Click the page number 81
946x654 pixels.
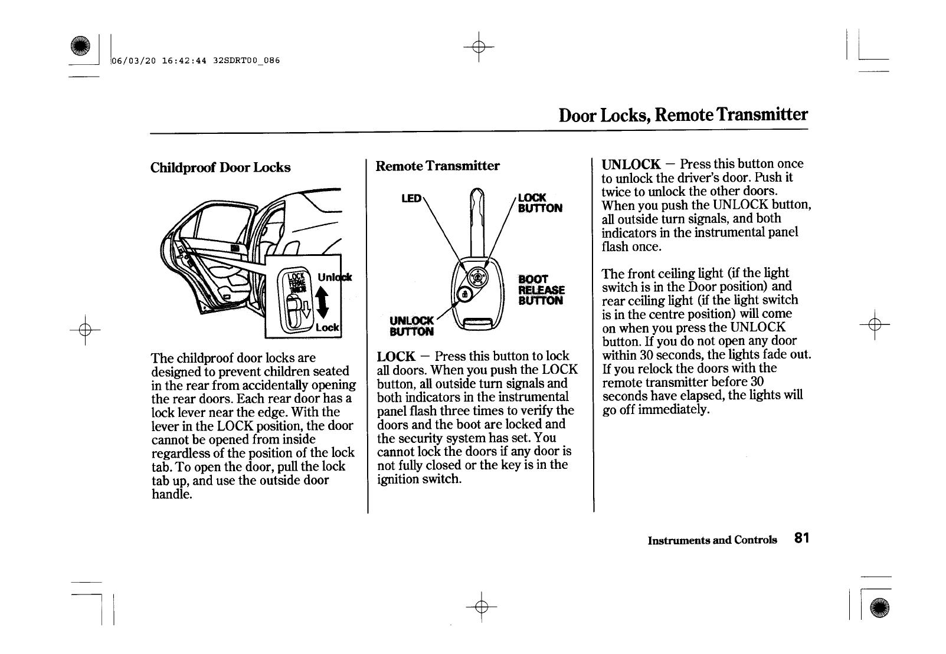(801, 538)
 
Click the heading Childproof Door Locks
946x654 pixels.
(220, 167)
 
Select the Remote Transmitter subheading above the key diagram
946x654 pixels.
(437, 166)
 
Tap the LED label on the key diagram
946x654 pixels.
(411, 199)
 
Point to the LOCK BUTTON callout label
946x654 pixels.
(539, 203)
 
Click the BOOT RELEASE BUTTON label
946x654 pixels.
(541, 290)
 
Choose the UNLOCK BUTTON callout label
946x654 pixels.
(412, 326)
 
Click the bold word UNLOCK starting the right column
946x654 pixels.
(631, 164)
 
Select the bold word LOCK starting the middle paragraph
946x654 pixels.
(396, 356)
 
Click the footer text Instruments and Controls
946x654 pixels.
(712, 540)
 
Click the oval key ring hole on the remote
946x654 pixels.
(477, 323)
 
